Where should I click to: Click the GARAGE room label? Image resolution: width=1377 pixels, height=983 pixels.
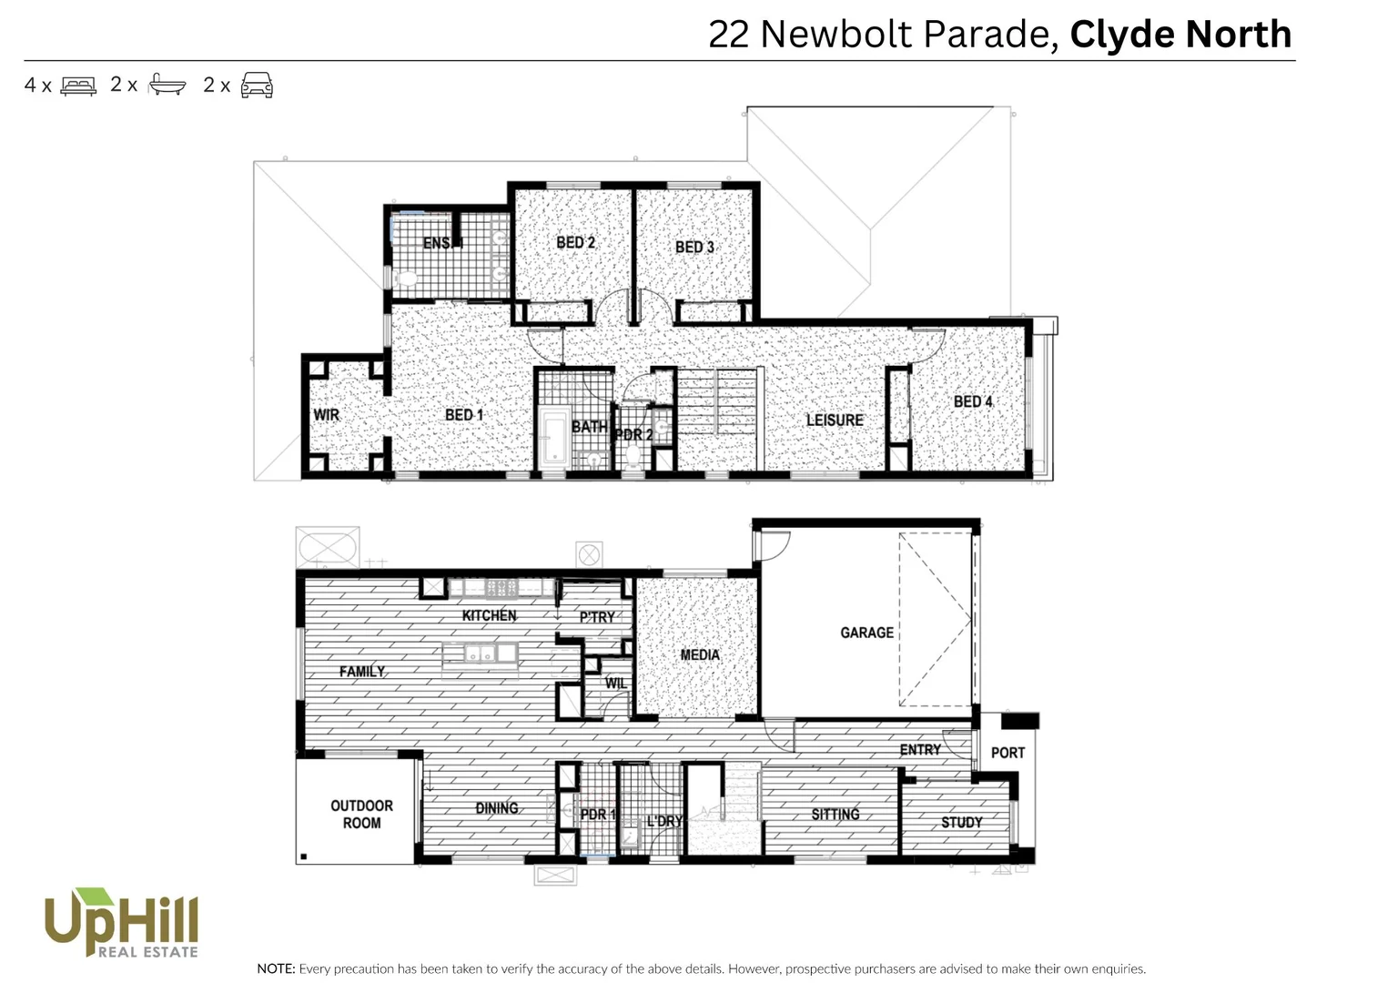tap(866, 633)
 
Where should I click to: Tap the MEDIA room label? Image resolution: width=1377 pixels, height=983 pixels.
tap(699, 654)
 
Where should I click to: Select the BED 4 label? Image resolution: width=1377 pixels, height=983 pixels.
tap(972, 401)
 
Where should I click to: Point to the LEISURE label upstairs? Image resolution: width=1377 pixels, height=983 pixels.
tap(834, 420)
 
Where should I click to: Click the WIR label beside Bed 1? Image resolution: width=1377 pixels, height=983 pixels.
tap(326, 415)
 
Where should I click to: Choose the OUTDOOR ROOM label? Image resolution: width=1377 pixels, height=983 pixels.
tap(361, 814)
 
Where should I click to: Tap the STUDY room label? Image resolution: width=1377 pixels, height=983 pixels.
tap(961, 822)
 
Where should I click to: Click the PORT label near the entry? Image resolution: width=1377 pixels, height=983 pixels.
tap(1007, 753)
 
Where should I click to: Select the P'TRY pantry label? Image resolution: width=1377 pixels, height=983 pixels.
tap(597, 617)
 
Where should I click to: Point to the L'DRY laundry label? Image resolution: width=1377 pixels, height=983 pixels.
tap(663, 821)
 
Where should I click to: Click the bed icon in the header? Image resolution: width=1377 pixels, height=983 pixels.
tap(78, 86)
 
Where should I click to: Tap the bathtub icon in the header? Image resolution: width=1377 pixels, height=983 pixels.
tap(167, 85)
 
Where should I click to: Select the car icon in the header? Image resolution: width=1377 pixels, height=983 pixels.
tap(257, 86)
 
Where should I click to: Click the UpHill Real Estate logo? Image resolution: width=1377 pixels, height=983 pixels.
tap(121, 923)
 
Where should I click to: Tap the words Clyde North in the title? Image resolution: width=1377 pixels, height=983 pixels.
tap(1180, 35)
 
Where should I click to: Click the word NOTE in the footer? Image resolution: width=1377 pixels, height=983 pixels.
tap(276, 968)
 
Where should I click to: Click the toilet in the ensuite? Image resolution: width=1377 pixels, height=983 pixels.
tap(406, 278)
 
